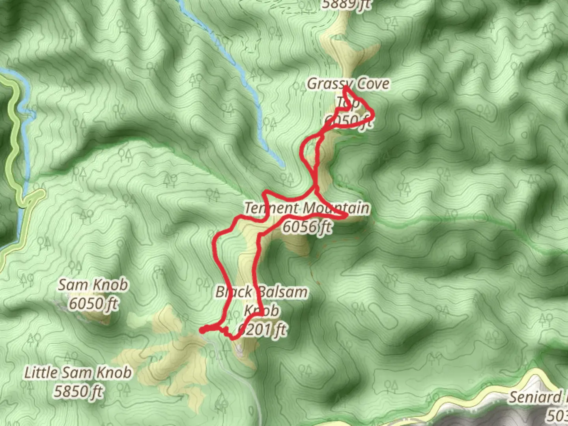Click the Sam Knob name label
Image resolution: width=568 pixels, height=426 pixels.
pos(93,285)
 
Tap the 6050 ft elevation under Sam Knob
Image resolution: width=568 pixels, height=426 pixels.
pos(93,304)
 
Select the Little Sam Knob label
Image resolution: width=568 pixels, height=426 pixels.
pos(78,372)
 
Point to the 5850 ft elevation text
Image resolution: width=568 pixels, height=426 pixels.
pos(78,391)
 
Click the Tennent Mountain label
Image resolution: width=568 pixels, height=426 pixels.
pos(307,208)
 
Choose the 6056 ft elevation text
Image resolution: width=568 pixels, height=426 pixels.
pos(307,227)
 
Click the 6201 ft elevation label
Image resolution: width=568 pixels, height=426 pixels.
pos(263,329)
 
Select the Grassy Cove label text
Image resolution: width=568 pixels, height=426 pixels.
pos(348,84)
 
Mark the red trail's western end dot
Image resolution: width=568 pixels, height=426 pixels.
pos(202,330)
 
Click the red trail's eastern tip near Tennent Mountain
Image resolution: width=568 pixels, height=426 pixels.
pos(346,216)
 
